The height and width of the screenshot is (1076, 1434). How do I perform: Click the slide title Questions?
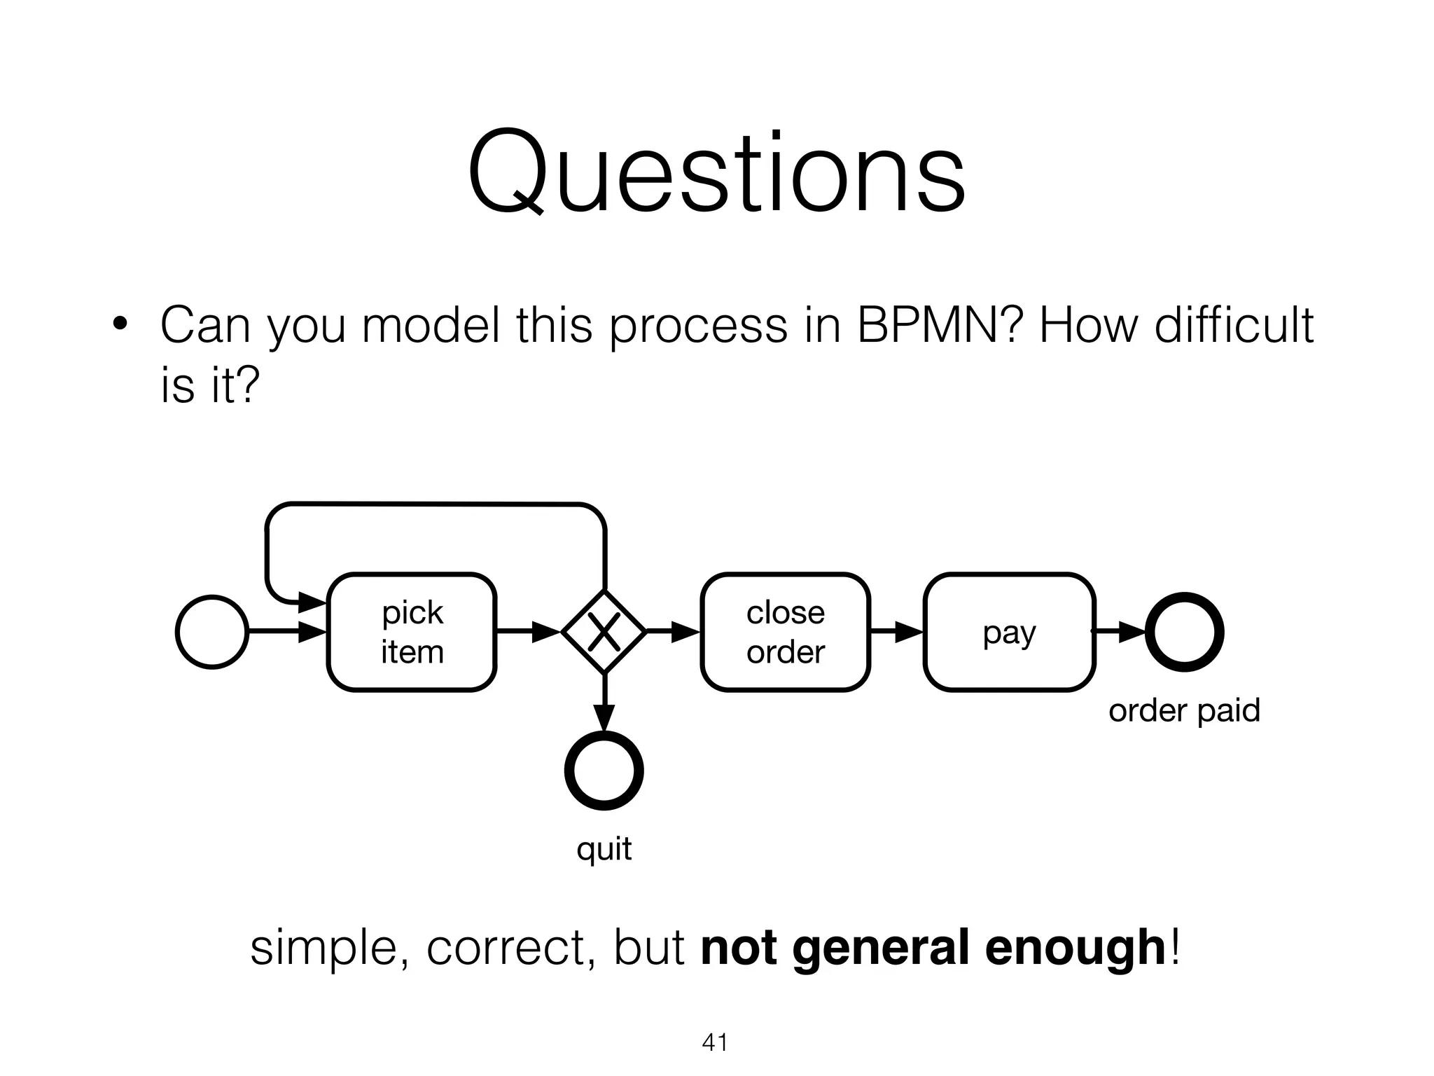pyautogui.click(x=716, y=173)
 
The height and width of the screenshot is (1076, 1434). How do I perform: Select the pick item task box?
pyautogui.click(x=412, y=632)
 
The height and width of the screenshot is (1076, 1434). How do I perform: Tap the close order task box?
pyautogui.click(x=785, y=632)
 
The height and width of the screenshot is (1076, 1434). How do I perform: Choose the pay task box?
pyautogui.click(x=1008, y=632)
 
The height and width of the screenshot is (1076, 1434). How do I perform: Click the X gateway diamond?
pyautogui.click(x=604, y=632)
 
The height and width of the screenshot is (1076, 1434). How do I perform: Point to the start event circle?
pyautogui.click(x=211, y=632)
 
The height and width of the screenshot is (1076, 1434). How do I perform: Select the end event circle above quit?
pyautogui.click(x=604, y=771)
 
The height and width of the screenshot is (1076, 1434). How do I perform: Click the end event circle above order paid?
pyautogui.click(x=1184, y=632)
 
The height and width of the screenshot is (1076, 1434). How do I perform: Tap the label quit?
pyautogui.click(x=604, y=849)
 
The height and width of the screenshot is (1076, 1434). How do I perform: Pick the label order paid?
pyautogui.click(x=1184, y=710)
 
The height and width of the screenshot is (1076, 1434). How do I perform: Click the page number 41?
pyautogui.click(x=715, y=1042)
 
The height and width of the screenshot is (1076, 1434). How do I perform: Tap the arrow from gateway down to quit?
pyautogui.click(x=604, y=703)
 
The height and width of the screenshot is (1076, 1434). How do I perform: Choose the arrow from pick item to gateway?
pyautogui.click(x=529, y=632)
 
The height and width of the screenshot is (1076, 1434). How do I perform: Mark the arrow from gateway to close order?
pyautogui.click(x=673, y=632)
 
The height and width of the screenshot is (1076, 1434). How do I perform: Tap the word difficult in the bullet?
pyautogui.click(x=1233, y=325)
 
